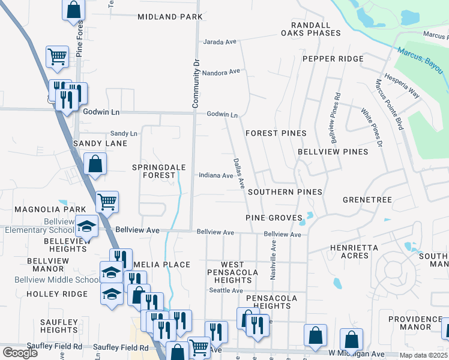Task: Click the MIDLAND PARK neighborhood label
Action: (170, 17)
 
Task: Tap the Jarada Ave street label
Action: (220, 42)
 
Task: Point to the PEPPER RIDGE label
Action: (333, 59)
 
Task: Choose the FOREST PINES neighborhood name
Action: (276, 133)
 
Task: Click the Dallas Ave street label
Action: (238, 172)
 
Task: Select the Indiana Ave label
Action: (216, 176)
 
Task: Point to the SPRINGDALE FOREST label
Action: (160, 171)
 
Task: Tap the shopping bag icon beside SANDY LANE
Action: (95, 163)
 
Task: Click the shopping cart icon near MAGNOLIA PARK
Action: (107, 202)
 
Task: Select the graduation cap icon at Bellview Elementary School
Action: (87, 226)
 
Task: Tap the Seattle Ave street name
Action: (226, 290)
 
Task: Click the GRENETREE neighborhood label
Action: (367, 199)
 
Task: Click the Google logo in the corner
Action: (20, 353)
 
